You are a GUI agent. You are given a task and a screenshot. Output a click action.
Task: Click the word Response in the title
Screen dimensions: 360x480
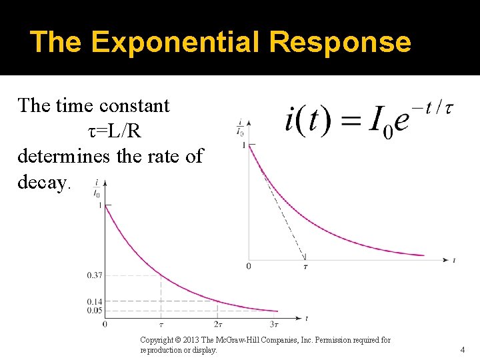click(340, 42)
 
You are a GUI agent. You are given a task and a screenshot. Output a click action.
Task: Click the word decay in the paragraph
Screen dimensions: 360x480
click(42, 183)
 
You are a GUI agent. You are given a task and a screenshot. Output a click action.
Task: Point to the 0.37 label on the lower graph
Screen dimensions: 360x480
click(95, 275)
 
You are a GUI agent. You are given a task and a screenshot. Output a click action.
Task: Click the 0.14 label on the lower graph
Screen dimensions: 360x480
click(95, 301)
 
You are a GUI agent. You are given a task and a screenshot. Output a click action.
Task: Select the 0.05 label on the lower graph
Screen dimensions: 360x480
click(95, 310)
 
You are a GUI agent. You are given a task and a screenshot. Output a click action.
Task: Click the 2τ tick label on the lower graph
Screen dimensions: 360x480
click(218, 324)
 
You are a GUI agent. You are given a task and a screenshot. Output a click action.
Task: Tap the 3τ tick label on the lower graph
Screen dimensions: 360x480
click(274, 324)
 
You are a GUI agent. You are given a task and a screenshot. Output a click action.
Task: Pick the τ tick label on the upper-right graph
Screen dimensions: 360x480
click(305, 267)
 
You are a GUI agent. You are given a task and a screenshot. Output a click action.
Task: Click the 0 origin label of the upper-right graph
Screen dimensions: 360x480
click(249, 267)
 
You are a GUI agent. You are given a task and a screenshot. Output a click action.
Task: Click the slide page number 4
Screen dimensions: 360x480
click(462, 349)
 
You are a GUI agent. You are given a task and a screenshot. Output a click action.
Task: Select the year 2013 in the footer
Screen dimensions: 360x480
click(193, 340)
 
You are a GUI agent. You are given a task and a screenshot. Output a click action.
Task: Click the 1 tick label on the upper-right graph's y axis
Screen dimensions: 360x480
click(244, 145)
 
